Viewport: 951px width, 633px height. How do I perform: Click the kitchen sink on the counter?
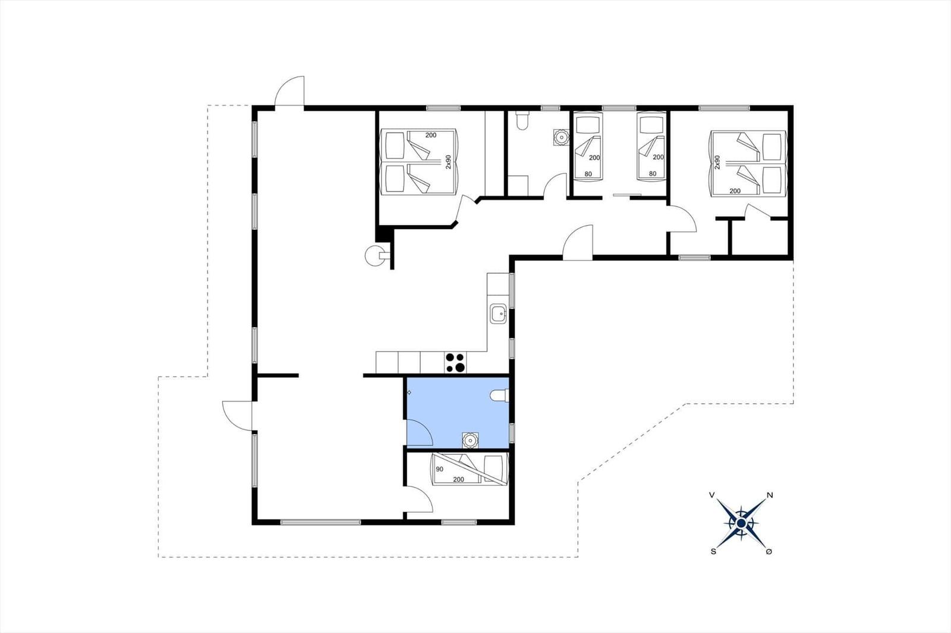click(498, 314)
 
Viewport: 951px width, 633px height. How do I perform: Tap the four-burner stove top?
click(455, 362)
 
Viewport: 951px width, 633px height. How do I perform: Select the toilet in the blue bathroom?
click(499, 395)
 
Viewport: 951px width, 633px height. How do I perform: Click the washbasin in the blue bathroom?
click(470, 441)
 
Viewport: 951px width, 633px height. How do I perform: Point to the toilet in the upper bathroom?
click(522, 121)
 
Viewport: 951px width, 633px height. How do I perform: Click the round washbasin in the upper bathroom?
click(562, 137)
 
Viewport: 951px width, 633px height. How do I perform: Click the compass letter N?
click(770, 495)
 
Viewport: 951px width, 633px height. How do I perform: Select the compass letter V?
click(712, 495)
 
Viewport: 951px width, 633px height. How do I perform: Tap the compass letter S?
click(713, 552)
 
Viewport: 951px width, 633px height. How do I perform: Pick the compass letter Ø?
click(769, 552)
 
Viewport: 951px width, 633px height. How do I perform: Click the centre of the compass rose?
click(741, 524)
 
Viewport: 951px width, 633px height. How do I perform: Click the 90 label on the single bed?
click(439, 469)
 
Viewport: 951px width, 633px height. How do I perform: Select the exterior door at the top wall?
click(289, 91)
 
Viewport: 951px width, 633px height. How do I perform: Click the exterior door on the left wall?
click(238, 415)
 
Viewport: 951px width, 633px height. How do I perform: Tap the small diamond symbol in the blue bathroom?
click(410, 393)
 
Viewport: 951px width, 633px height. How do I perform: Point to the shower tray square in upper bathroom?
click(518, 186)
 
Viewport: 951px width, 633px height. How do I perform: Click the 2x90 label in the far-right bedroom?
click(717, 162)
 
